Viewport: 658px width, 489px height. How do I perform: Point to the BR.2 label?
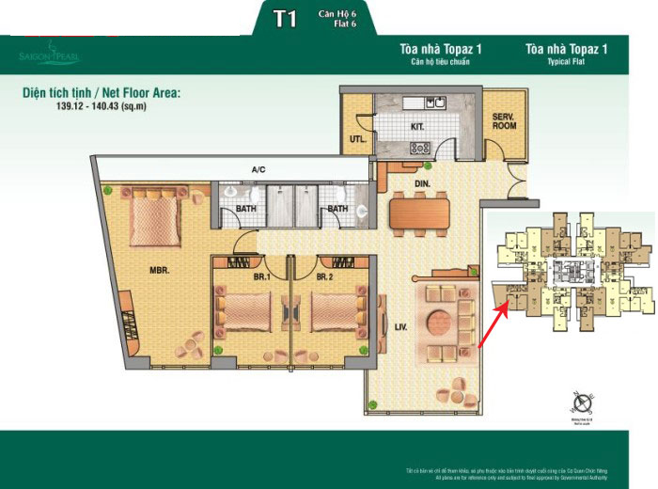324,276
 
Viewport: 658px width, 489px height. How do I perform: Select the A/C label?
258,170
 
